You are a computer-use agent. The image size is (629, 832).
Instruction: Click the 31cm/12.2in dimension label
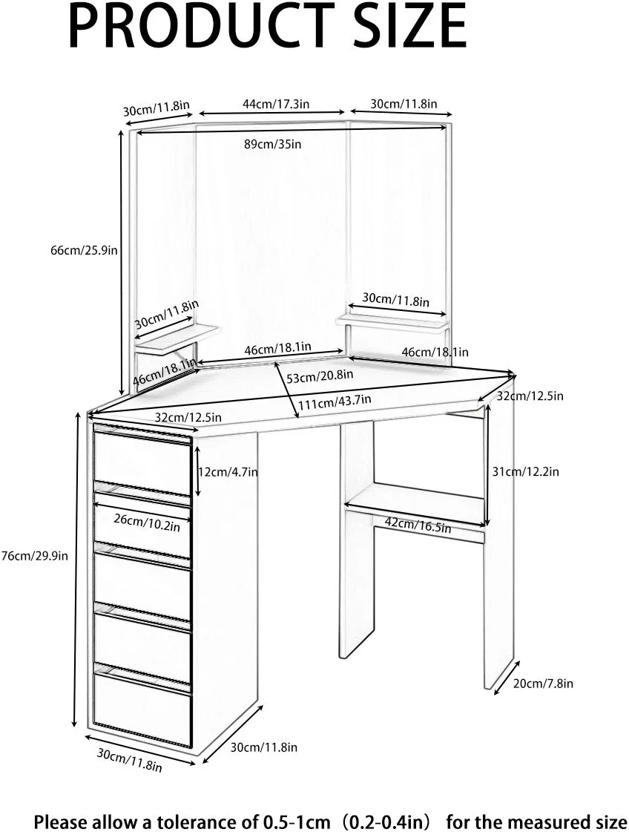pos(525,471)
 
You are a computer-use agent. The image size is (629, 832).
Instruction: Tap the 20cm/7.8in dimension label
pos(544,683)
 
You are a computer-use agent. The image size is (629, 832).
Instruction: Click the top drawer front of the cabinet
pos(142,462)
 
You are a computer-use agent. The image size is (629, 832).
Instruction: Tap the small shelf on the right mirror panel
pos(393,320)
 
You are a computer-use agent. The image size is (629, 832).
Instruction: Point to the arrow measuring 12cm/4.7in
pos(198,471)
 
